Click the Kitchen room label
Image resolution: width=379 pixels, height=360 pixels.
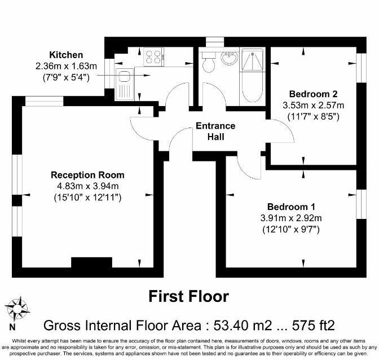66,55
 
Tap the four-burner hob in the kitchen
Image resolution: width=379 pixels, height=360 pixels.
154,57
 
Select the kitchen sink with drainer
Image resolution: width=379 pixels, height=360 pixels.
125,85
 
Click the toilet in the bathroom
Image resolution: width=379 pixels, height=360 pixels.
209,62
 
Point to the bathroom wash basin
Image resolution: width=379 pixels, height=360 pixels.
229,58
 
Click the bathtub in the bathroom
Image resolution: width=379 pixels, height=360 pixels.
252,76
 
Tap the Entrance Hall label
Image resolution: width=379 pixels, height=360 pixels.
215,131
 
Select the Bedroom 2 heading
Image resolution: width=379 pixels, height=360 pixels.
313,94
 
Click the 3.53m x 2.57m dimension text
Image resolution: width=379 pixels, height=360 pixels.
313,106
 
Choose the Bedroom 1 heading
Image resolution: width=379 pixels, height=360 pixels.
291,207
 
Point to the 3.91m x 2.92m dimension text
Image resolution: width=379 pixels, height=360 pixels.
291,218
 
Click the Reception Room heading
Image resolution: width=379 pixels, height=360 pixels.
87,175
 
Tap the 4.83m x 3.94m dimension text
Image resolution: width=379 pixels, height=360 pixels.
87,186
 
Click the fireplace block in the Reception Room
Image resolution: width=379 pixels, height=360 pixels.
91,262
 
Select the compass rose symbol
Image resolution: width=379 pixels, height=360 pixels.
17,309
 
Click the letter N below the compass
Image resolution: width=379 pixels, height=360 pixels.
12,327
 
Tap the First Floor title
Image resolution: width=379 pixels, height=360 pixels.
189,296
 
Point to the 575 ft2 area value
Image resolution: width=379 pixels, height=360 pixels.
314,326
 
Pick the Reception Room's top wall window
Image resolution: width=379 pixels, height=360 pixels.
44,101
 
